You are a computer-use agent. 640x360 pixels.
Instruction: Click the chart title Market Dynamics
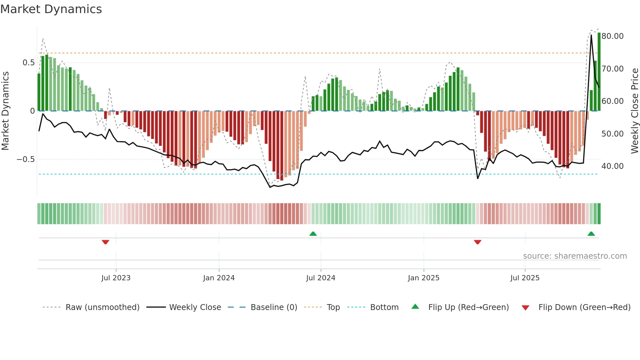click(x=51, y=9)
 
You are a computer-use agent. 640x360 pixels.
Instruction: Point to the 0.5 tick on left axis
click(x=28, y=63)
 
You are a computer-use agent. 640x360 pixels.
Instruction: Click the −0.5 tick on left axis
click(x=25, y=159)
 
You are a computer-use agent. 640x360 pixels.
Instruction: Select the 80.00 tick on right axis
click(x=613, y=36)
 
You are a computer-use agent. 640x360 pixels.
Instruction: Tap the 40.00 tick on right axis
click(x=613, y=166)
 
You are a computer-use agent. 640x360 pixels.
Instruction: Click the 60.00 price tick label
click(x=613, y=101)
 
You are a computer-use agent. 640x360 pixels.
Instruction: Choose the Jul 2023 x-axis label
click(x=116, y=278)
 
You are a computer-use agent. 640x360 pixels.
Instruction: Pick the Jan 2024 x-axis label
click(x=219, y=278)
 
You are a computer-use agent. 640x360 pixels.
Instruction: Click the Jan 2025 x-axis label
click(x=424, y=278)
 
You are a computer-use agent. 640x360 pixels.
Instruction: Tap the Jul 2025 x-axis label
click(x=525, y=278)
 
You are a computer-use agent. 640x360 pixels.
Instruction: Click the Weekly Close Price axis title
click(x=634, y=111)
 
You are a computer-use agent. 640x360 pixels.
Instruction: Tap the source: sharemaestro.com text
click(x=575, y=256)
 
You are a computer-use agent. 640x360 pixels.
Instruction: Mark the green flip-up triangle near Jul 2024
click(x=313, y=234)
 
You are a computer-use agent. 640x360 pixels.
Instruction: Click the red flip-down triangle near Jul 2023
click(x=105, y=242)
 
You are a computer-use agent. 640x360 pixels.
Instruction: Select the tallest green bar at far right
click(x=599, y=72)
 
